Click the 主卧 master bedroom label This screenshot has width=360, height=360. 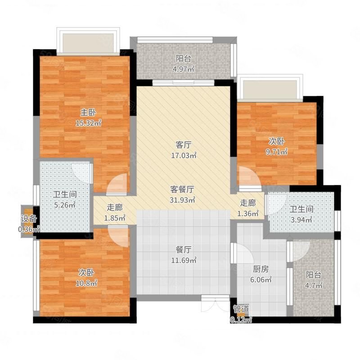(88, 112)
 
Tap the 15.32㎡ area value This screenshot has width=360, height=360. (88, 123)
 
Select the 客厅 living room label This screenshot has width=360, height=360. (184, 145)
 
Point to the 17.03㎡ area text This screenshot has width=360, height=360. (184, 156)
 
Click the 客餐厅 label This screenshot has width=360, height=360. (182, 189)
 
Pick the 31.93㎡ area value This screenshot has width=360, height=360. (183, 200)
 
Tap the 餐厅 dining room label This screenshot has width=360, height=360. (184, 250)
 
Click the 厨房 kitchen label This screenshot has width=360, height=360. (261, 269)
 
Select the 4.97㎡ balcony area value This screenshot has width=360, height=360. (184, 69)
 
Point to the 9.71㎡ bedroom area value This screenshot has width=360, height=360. (277, 152)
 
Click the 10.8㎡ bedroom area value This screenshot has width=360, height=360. (86, 283)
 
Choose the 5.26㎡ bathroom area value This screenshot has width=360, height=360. (65, 205)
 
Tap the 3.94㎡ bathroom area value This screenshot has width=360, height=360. (301, 220)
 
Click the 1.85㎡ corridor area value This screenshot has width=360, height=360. (115, 218)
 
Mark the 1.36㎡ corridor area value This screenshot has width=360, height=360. (248, 213)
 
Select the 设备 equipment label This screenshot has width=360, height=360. (29, 219)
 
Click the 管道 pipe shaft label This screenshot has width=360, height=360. (241, 309)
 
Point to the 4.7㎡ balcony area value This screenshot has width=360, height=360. (314, 285)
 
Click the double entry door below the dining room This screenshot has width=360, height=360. (216, 303)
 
